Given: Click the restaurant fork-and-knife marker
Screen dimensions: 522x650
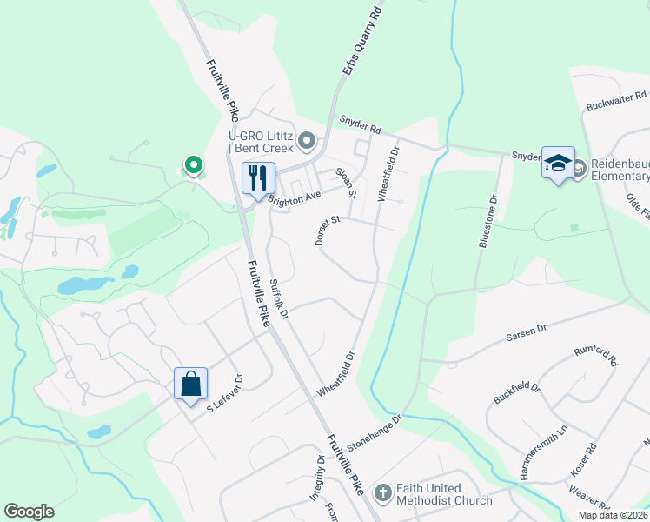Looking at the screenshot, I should (257, 178).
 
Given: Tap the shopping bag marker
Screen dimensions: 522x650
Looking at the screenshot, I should (190, 384).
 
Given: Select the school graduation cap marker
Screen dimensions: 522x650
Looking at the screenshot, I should (557, 163).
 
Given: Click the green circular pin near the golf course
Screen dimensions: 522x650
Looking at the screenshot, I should (193, 164).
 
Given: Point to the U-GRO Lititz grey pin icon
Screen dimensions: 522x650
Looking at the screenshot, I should (306, 139).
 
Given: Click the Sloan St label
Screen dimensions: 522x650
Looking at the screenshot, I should (348, 180).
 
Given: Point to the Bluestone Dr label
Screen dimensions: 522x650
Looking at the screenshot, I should (486, 221).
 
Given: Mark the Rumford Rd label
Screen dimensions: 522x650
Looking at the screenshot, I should (594, 358).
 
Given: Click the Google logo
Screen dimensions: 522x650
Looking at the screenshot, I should (29, 512).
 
